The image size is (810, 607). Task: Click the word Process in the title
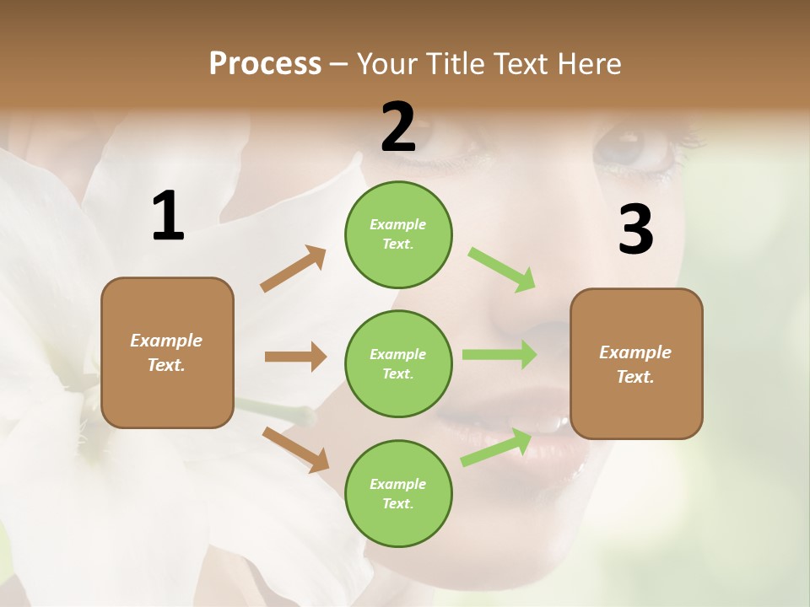coord(265,63)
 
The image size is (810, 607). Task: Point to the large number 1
coord(168,217)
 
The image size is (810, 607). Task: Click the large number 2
coord(398,127)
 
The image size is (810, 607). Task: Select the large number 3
coord(635,230)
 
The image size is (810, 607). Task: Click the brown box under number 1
coord(167,352)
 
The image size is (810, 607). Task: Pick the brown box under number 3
coord(636,364)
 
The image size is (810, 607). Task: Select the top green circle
coord(398,234)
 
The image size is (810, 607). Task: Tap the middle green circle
coord(398,363)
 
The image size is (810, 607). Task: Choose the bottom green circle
coord(398,493)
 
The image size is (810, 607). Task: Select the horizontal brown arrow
coord(295,357)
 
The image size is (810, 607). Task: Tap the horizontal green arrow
coord(499,355)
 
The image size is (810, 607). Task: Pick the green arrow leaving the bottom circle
coord(496,448)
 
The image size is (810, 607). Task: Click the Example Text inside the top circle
coord(398,234)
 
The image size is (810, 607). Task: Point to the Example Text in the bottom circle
coord(398,493)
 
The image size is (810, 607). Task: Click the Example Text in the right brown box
coord(636,364)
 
